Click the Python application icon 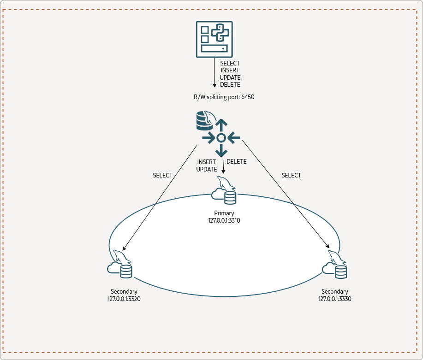point(214,39)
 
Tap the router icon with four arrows point(221,137)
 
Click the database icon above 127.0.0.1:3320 point(120,266)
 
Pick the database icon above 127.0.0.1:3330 point(335,266)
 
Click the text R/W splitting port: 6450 point(224,97)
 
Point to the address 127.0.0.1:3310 point(224,220)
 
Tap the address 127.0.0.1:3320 point(124,299)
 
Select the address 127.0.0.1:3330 point(335,299)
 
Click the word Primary point(224,213)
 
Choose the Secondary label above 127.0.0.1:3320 point(124,292)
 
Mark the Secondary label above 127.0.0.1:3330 point(335,292)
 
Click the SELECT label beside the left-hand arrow point(162,175)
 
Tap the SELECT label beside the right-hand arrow point(291,175)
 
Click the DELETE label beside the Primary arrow point(237,162)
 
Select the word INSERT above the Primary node point(207,162)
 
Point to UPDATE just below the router point(207,169)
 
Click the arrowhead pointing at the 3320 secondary point(125,249)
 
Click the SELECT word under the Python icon point(230,63)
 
